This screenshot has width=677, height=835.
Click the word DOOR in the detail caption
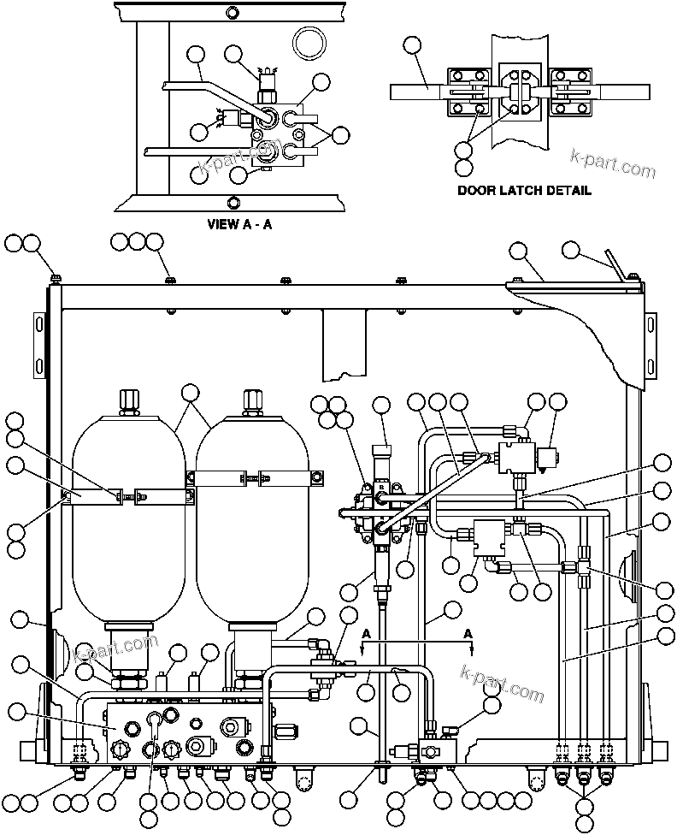click(x=474, y=190)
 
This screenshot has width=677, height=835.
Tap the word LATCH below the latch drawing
click(x=517, y=190)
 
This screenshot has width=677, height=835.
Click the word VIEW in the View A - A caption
click(x=222, y=225)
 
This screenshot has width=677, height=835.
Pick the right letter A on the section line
click(x=468, y=634)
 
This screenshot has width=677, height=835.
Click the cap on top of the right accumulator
click(x=253, y=400)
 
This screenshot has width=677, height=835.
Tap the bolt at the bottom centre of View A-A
click(x=233, y=201)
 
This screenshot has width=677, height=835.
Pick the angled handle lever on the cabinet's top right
click(x=615, y=262)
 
